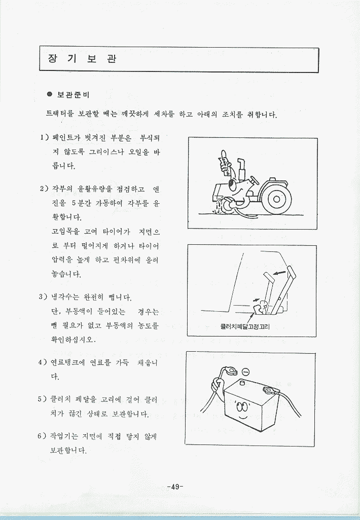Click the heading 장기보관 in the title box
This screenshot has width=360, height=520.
pyautogui.click(x=82, y=59)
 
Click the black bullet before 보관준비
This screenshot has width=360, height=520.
pyautogui.click(x=50, y=94)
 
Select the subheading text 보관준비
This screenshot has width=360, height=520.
pyautogui.click(x=74, y=94)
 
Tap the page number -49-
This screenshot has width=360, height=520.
pyautogui.click(x=175, y=487)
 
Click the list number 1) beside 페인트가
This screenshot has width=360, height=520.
pyautogui.click(x=45, y=137)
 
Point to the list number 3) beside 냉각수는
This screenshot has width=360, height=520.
pyautogui.click(x=44, y=296)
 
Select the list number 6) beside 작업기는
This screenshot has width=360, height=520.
pyautogui.click(x=42, y=436)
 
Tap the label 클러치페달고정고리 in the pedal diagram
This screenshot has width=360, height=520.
pyautogui.click(x=245, y=327)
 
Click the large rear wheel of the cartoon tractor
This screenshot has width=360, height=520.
pyautogui.click(x=276, y=199)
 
